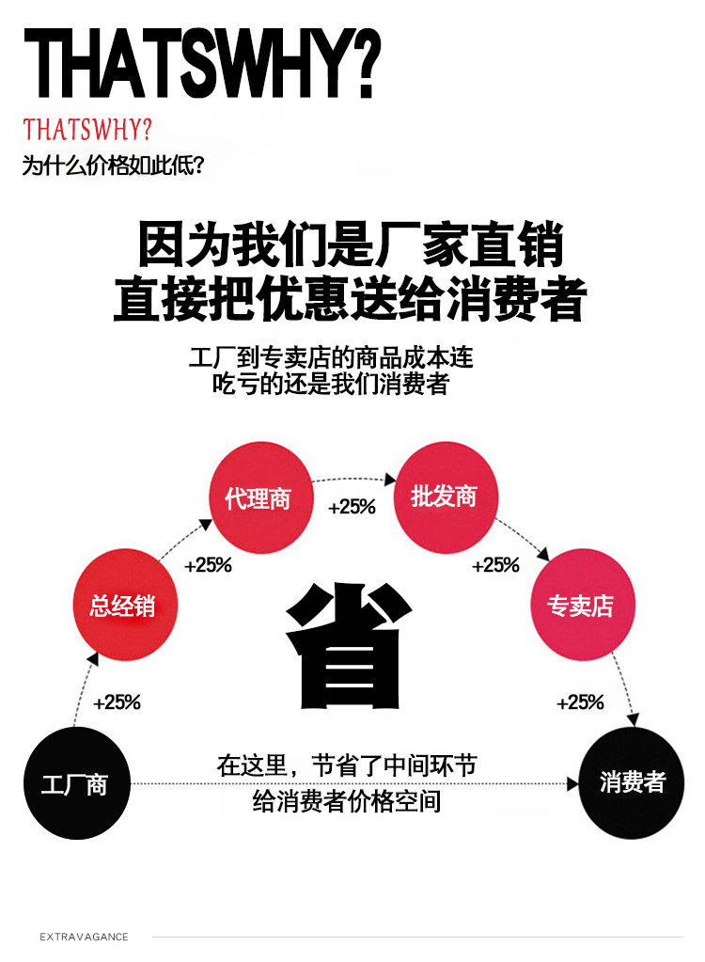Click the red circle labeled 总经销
pos(123,605)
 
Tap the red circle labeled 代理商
pos(258,497)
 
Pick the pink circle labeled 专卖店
pos(579,605)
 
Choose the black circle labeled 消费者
pos(632,782)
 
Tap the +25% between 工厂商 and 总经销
pos(117,702)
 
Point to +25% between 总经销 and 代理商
pos(208,565)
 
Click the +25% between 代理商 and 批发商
pos(352,507)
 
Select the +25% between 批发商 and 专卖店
pos(495,565)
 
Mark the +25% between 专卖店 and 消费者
pos(580,702)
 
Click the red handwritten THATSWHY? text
pos(87,129)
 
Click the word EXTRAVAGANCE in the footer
pos(84,937)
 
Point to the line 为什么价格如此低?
pos(113,166)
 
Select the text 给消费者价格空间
pos(347,801)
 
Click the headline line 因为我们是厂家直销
pos(351,244)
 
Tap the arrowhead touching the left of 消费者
pos(572,783)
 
